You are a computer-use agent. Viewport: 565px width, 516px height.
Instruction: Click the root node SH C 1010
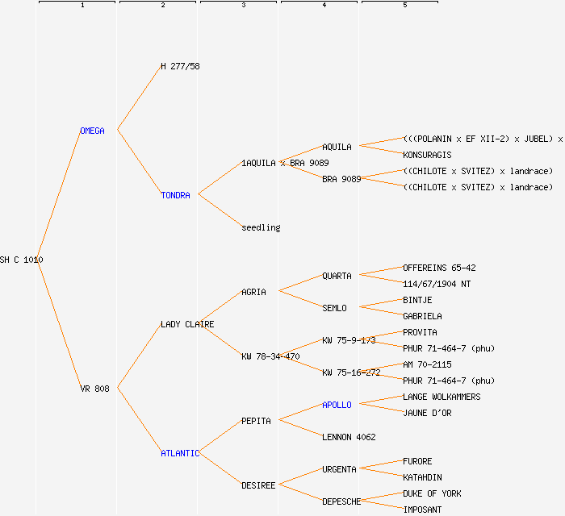[22, 260]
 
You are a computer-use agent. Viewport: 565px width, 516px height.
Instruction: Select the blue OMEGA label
[92, 131]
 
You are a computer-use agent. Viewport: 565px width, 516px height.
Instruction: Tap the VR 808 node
[94, 389]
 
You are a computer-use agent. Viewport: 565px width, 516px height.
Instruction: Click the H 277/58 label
[180, 66]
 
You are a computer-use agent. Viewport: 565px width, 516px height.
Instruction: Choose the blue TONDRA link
[175, 195]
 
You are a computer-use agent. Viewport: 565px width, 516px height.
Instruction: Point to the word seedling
[261, 227]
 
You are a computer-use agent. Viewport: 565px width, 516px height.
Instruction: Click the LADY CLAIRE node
[187, 324]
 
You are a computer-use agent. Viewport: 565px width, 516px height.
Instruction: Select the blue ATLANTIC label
[180, 453]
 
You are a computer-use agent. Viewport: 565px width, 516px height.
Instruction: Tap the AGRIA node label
[253, 292]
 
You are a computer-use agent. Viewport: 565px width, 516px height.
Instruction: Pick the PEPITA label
[256, 421]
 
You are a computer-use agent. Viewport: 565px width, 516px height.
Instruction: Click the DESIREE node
[258, 485]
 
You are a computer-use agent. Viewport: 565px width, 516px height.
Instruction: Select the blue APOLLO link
[337, 405]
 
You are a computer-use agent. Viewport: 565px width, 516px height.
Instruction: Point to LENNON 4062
[349, 437]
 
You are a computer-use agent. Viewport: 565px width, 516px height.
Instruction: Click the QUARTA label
[337, 276]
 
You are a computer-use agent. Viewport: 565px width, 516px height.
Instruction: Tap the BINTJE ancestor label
[417, 300]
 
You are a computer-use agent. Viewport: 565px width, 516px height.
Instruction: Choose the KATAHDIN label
[422, 477]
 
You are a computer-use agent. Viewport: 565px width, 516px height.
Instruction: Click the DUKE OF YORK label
[432, 493]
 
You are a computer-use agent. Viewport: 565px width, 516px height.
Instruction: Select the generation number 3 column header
[243, 6]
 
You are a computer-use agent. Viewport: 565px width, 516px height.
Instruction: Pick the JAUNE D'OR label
[427, 413]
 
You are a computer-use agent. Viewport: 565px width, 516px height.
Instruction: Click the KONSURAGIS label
[427, 155]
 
